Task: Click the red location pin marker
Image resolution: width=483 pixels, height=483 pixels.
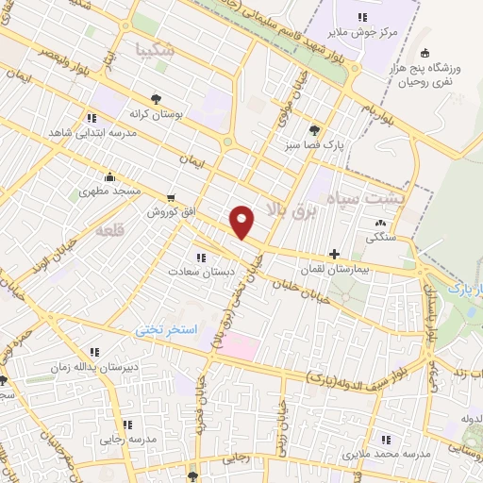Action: click(243, 222)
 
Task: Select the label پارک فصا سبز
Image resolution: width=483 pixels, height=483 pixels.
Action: click(315, 146)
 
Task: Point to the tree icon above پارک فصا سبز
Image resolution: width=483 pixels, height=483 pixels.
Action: click(315, 131)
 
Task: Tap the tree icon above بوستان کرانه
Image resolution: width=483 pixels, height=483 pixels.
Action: click(155, 97)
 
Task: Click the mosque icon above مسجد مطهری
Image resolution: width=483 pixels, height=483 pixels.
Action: click(111, 175)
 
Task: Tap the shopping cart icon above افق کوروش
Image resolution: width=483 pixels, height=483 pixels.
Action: click(170, 199)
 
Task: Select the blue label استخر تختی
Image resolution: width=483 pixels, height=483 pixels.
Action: click(166, 330)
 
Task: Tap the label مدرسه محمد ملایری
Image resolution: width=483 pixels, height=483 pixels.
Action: click(383, 455)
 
